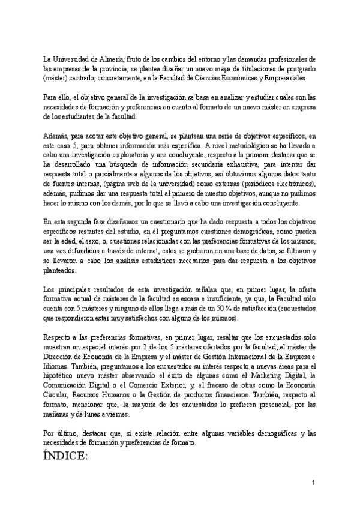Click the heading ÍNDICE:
pos(65,457)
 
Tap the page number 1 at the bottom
pos(313,483)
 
